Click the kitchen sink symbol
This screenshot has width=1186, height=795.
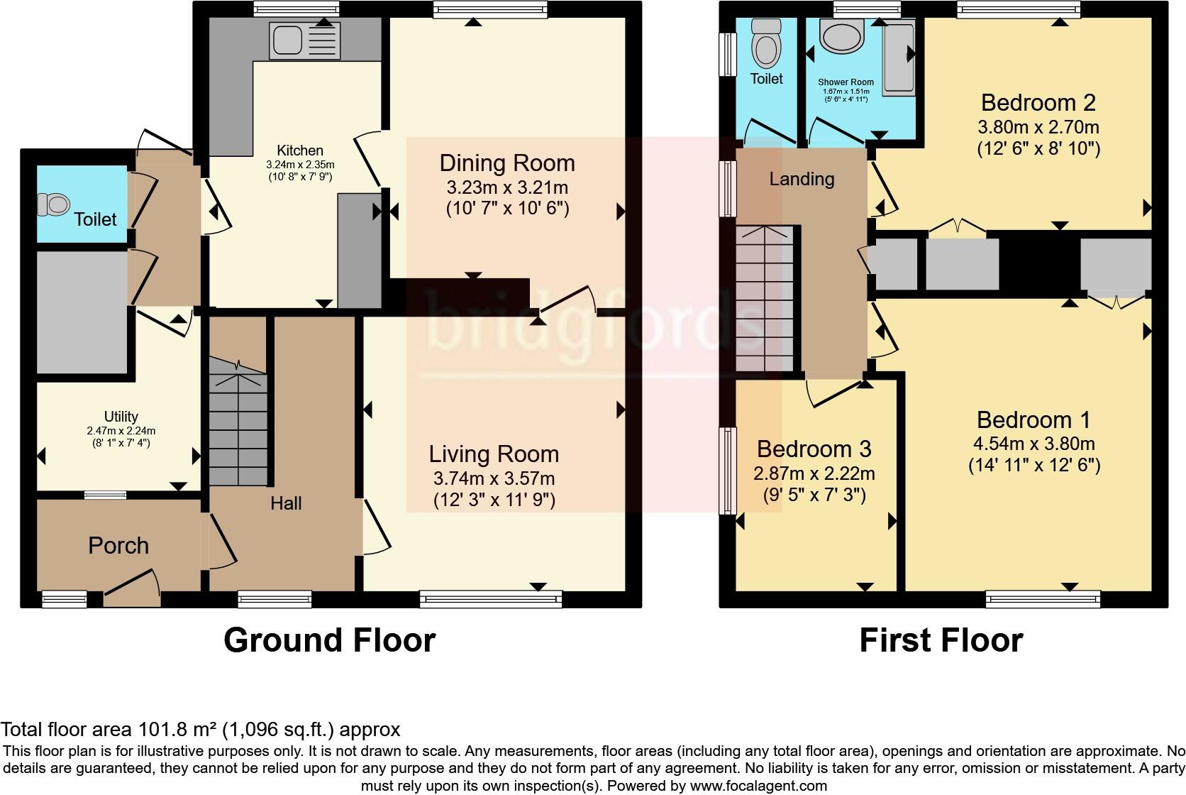tap(304, 40)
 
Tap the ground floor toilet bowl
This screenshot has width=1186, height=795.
tap(55, 205)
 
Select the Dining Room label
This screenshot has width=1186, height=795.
tap(506, 163)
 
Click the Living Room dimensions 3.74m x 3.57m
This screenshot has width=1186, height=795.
tap(494, 478)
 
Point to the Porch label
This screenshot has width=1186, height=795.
tap(118, 545)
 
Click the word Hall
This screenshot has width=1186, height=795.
tap(286, 503)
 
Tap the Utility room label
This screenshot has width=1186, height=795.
tap(121, 417)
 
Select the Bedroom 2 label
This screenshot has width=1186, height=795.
tap(1038, 103)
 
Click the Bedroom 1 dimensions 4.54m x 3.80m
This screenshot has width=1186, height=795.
tap(1033, 444)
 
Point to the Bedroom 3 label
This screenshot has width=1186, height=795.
tap(814, 449)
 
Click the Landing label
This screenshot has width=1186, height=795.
tap(802, 179)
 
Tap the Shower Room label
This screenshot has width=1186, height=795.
tap(846, 82)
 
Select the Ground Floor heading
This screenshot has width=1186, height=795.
tap(329, 640)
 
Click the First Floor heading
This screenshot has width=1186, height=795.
tap(941, 640)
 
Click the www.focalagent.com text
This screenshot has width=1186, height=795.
tap(758, 786)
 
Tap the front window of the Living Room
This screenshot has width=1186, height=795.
tap(490, 600)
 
